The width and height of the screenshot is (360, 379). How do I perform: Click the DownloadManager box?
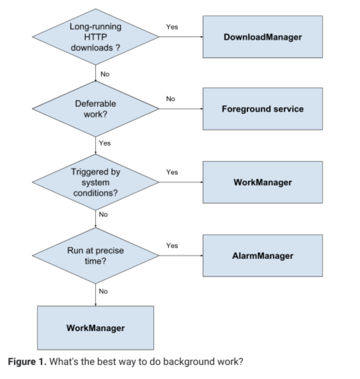point(263,37)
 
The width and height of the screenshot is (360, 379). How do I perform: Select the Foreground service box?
point(263,109)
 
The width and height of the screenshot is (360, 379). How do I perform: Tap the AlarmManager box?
point(263,256)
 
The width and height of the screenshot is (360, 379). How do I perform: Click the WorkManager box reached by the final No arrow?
point(95,328)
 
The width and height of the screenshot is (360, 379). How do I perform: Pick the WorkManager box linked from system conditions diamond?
point(263,183)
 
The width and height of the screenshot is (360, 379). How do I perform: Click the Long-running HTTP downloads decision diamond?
point(95,37)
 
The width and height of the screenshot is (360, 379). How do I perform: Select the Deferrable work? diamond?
point(95,109)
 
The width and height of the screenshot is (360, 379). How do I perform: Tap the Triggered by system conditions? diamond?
point(95,182)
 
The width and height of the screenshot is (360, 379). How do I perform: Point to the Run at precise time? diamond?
point(95,256)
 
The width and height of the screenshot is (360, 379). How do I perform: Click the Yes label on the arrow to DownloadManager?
point(172,27)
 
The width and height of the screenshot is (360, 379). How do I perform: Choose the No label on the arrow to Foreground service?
point(171,99)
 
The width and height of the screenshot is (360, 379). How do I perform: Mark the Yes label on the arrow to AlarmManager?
point(172,245)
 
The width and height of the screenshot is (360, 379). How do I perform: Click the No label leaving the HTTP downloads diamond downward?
point(105,74)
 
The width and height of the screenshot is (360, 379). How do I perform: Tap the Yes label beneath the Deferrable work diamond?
point(105,143)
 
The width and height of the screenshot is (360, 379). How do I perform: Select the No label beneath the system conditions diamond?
point(104,215)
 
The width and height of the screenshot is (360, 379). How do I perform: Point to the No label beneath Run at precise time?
point(104,291)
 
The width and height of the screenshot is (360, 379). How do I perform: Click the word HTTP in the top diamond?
point(95,37)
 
